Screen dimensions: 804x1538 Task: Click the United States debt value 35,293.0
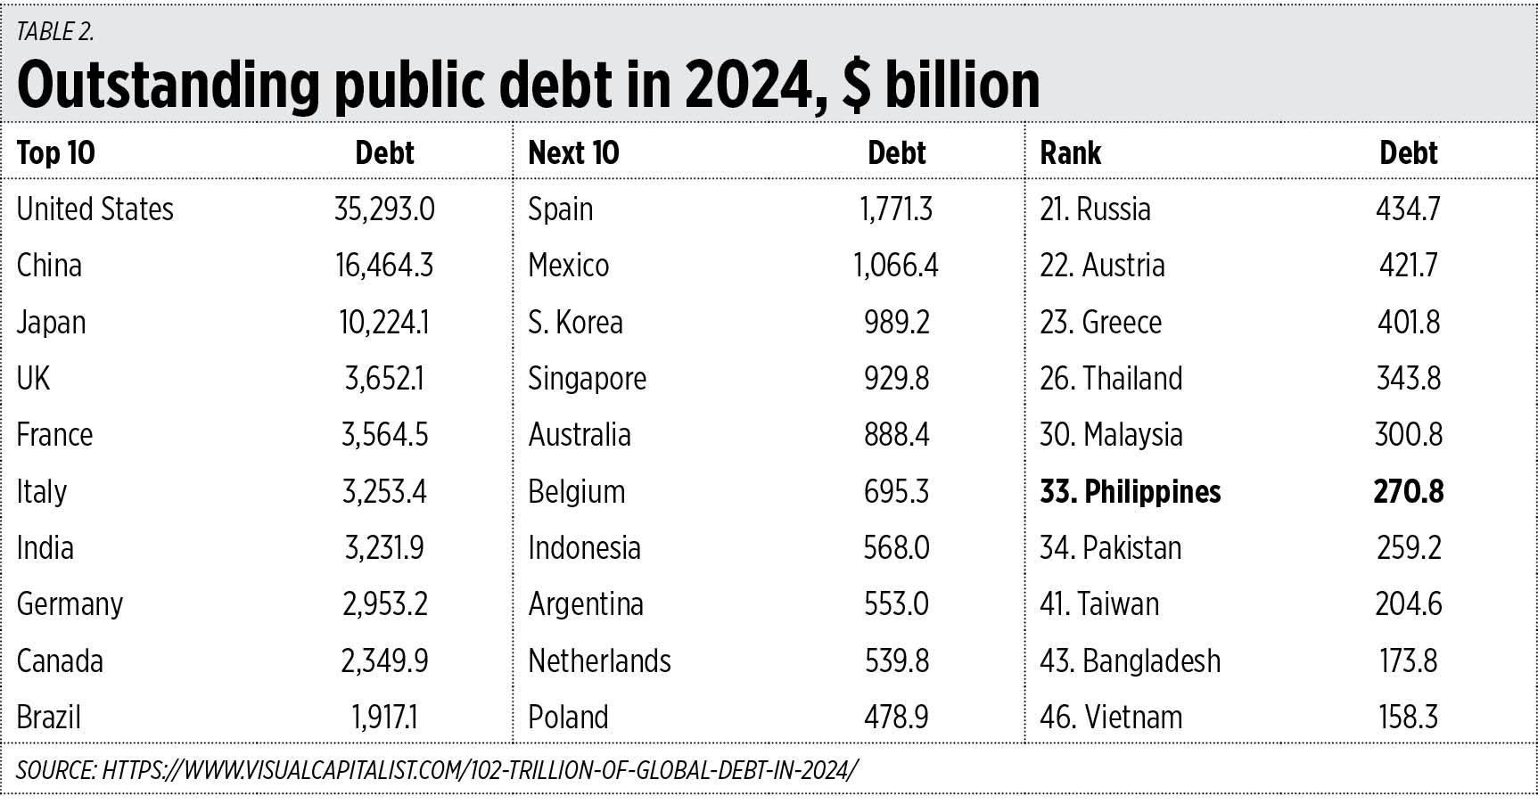point(384,209)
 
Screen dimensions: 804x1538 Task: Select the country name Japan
point(51,323)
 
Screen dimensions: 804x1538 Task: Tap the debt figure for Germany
point(384,604)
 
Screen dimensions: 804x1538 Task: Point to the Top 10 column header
point(55,153)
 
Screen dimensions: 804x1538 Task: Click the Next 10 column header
point(573,153)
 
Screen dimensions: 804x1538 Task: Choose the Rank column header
point(1070,153)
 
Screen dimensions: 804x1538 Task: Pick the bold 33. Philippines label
point(1130,492)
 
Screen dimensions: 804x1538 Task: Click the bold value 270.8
point(1408,492)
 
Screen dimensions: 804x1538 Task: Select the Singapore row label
point(587,379)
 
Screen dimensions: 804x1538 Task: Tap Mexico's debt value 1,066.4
point(895,266)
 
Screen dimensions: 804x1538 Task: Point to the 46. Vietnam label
point(1110,718)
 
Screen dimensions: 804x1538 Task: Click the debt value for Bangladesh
point(1408,661)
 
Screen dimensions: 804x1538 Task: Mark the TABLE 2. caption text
point(55,32)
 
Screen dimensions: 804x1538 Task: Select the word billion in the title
point(962,86)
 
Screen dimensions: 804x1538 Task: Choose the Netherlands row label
point(599,661)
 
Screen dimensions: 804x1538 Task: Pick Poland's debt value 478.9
point(896,718)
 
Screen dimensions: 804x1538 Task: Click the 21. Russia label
point(1095,209)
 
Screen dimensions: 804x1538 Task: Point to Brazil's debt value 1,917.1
point(384,718)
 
